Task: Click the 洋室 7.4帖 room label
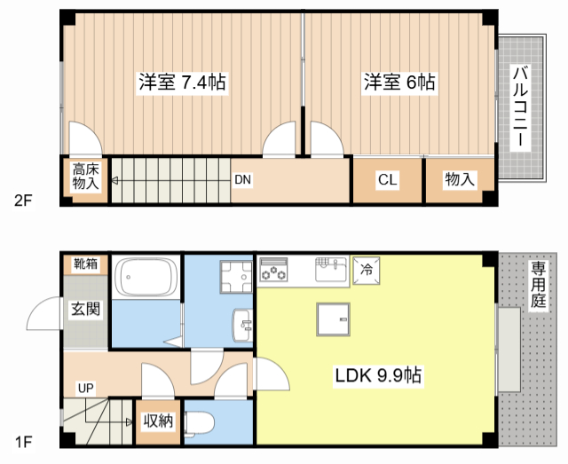182,83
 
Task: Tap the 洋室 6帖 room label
398,83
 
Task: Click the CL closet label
387,180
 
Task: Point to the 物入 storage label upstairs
459,180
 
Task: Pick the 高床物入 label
85,177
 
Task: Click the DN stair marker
243,180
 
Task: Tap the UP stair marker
85,388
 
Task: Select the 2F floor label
22,200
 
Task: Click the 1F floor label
22,441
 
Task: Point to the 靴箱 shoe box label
86,263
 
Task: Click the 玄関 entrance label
86,310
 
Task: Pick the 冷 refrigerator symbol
366,269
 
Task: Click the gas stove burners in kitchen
274,270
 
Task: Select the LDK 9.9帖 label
378,376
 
